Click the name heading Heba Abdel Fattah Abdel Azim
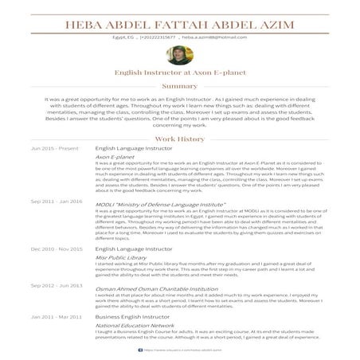click(x=179, y=23)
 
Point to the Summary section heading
click(x=179, y=85)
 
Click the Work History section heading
click(x=179, y=139)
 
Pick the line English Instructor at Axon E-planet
click(x=179, y=72)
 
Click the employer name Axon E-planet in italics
click(x=115, y=158)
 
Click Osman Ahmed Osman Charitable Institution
click(x=156, y=288)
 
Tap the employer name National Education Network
click(x=135, y=326)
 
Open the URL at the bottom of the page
click(x=179, y=348)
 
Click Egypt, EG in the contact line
click(x=124, y=37)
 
